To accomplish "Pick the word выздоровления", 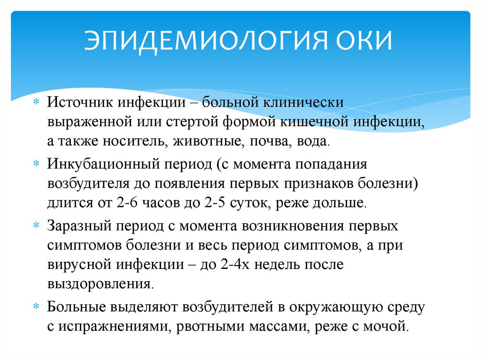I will [x=100, y=284].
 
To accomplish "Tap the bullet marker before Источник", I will [x=37, y=102].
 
